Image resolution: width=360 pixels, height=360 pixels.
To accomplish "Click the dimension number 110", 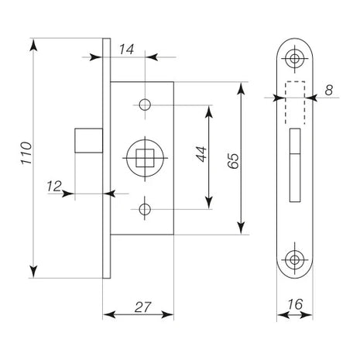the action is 26,153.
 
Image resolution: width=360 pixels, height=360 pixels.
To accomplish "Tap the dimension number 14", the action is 126,50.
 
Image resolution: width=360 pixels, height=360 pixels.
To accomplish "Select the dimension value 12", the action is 54,187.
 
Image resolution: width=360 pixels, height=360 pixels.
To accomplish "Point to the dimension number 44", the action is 201,154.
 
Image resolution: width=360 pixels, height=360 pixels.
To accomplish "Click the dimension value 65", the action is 233,161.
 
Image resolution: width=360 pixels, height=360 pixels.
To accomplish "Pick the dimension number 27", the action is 142,307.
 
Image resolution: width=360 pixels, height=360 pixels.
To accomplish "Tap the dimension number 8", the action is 328,91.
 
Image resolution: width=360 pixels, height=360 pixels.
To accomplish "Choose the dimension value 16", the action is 295,304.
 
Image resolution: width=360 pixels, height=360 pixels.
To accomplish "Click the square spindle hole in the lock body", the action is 145,158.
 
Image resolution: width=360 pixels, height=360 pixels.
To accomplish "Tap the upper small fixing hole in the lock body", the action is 145,105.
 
